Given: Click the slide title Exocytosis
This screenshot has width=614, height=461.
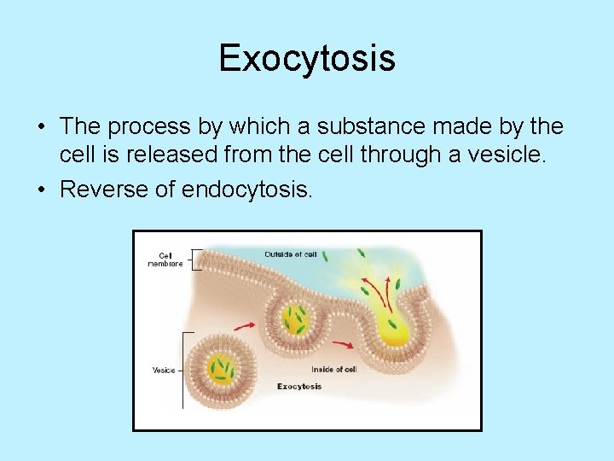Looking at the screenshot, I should coord(307,59).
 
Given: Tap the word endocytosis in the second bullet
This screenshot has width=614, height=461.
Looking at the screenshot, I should coord(246,189).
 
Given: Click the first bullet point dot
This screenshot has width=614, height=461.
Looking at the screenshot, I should coord(41,127).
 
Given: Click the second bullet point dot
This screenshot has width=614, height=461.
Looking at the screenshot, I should coord(41,190).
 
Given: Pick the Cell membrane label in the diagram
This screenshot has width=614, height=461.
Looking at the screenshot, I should coord(165,259).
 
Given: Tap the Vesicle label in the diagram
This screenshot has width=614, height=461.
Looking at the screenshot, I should coord(164,370).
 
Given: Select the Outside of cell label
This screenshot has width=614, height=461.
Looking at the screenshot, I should coord(290,254).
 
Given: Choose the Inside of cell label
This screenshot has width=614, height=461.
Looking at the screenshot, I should coord(333,369).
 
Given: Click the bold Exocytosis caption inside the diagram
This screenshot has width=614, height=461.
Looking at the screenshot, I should coord(299,387).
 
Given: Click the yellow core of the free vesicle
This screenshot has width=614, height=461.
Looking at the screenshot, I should coord(221,368).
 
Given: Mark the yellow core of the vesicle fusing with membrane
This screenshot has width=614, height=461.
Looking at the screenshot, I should coord(296,320).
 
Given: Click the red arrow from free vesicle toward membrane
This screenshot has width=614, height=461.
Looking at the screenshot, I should coord(244,326).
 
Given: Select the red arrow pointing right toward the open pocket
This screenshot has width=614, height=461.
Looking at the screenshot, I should coord(344,345).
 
